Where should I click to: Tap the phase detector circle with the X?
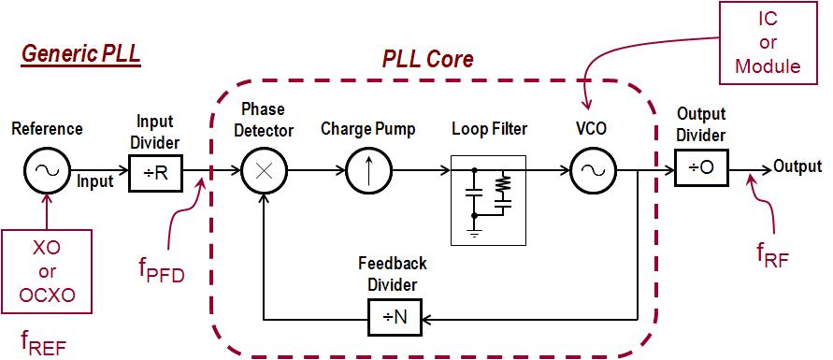pyautogui.click(x=266, y=171)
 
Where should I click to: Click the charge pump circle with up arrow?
pyautogui.click(x=367, y=171)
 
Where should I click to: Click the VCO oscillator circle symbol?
pyautogui.click(x=591, y=171)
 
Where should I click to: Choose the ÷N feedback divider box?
pyautogui.click(x=394, y=317)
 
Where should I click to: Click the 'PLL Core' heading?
pyautogui.click(x=428, y=60)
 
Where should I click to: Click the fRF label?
pyautogui.click(x=773, y=253)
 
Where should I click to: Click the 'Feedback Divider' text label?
pyautogui.click(x=393, y=274)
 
